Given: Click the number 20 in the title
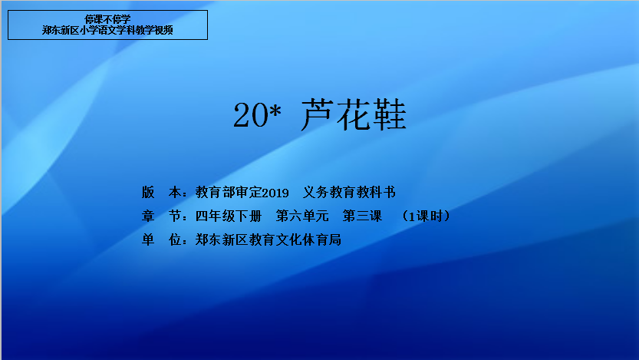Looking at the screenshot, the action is pos(251,114).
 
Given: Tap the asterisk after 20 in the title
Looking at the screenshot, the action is pos(276,109).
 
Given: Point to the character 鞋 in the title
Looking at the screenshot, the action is pos(389,114).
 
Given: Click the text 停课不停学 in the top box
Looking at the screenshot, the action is pos(107,19).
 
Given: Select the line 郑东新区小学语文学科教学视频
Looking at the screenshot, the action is pos(107,30).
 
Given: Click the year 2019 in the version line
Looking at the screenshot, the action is pos(275,193).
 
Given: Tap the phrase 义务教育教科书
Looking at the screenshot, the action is pos(349,192).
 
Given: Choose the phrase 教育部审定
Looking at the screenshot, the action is pos(229,192).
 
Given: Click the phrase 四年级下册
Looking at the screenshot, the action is pos(229,216).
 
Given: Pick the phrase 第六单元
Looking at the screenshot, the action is pos(302,216).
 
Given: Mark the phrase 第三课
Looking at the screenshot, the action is pos(362,216).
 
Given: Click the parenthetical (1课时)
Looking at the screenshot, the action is pos(426,216).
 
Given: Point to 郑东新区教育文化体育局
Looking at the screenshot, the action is pos(268,239).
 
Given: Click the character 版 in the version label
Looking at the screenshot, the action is pos(148,192).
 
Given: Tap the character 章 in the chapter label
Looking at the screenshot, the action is pos(148,216).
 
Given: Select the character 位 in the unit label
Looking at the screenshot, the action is pos(175,239).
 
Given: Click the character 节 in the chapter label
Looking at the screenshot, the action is pos(175,216).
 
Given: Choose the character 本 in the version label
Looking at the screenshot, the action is pos(175,192).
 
